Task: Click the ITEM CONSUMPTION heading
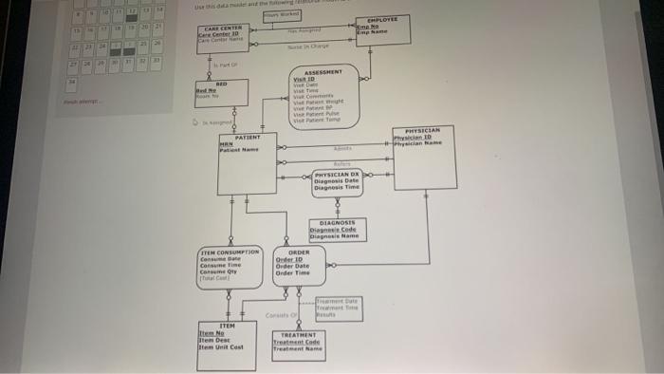(228, 252)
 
